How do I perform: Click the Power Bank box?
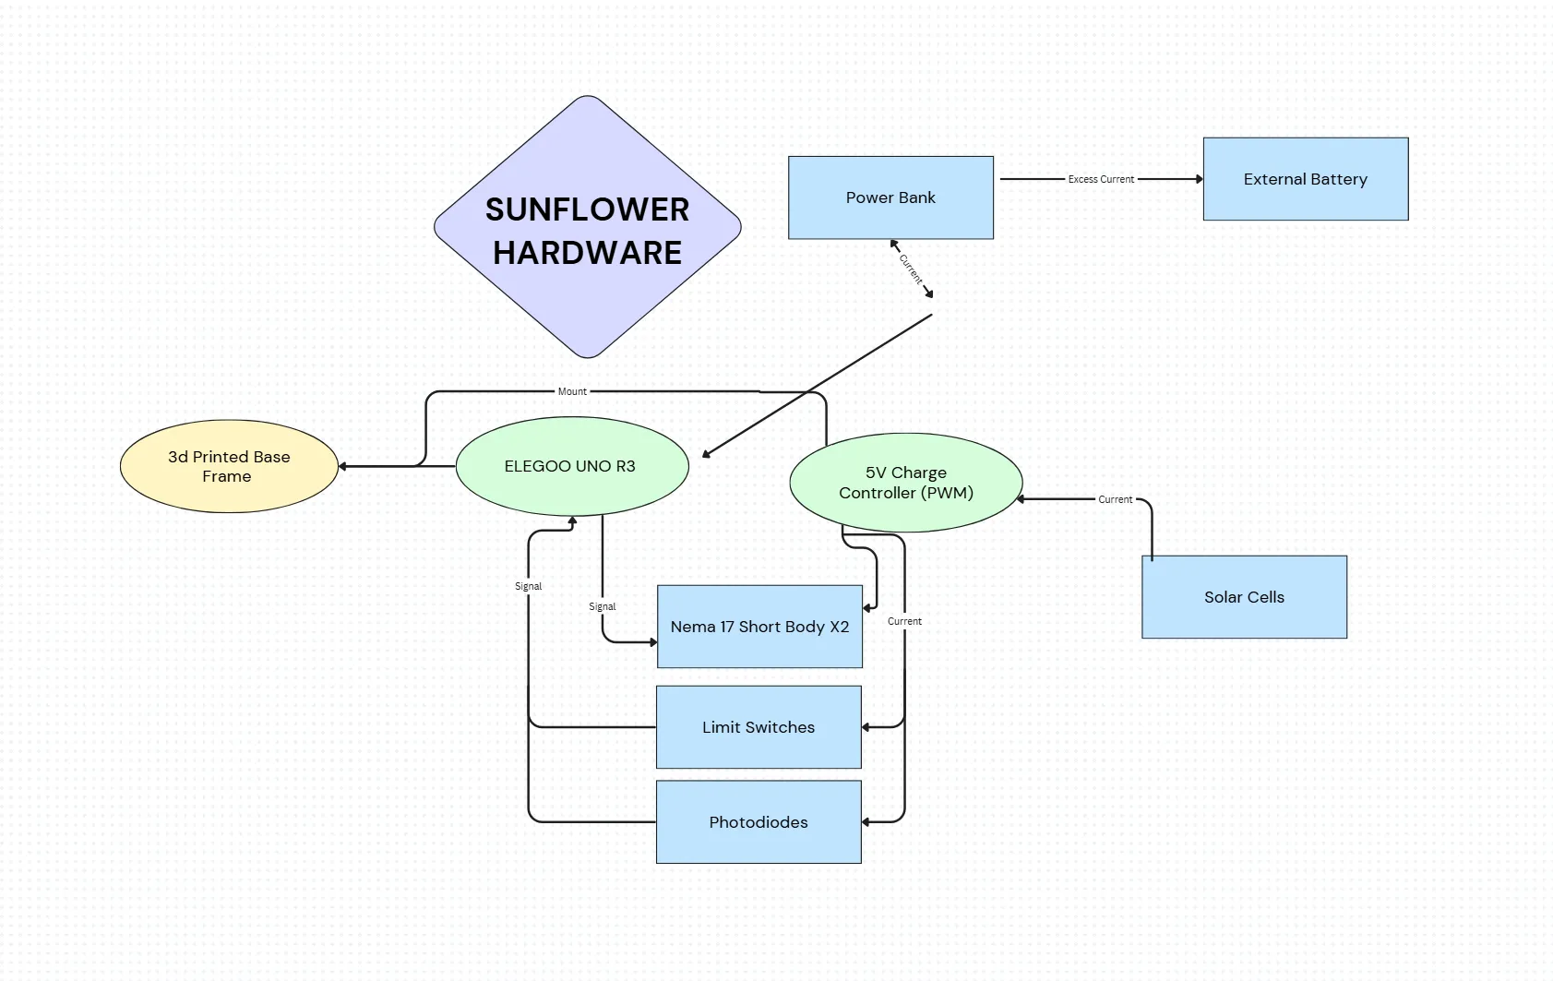click(x=890, y=197)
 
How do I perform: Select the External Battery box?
click(x=1305, y=179)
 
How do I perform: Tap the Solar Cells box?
click(x=1244, y=597)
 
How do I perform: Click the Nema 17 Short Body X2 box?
click(x=759, y=627)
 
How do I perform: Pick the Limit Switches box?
click(x=759, y=727)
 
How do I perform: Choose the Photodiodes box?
click(x=759, y=822)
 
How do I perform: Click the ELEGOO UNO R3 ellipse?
click(x=570, y=466)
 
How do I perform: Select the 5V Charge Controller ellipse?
click(x=905, y=483)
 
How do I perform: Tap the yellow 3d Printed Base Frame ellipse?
click(x=229, y=466)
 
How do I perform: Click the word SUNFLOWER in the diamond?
click(x=587, y=209)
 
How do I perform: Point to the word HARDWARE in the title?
click(x=587, y=253)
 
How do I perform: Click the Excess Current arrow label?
click(x=1101, y=179)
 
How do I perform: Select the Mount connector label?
click(x=572, y=391)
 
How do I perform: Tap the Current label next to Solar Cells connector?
click(x=1115, y=499)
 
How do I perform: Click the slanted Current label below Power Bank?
click(x=911, y=269)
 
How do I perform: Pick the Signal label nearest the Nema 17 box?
click(x=602, y=606)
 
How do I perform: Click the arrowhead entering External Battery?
click(x=1199, y=179)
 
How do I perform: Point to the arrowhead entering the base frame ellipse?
click(x=343, y=466)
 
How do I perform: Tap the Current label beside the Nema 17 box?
click(x=904, y=621)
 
